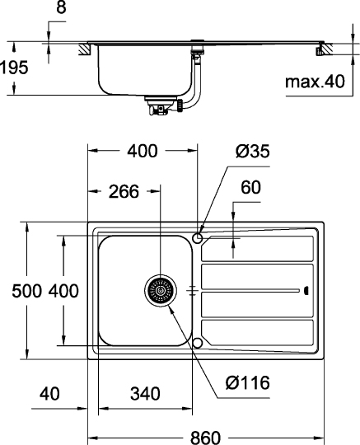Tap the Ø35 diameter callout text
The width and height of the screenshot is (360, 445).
pos(251,151)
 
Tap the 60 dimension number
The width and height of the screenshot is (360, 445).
pos(250,188)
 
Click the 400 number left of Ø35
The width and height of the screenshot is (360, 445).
pos(143,151)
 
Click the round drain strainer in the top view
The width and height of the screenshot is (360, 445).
pos(160,291)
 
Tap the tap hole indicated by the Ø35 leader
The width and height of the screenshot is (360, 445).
pos(197,238)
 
